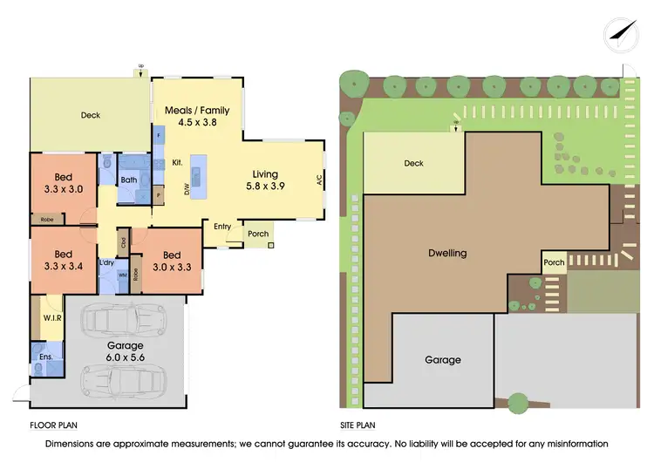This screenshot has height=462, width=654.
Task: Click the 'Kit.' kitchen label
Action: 175,162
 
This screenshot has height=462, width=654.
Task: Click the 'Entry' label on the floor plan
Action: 222,227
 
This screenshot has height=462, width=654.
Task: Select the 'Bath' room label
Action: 129,180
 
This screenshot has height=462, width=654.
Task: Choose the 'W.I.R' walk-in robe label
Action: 51,318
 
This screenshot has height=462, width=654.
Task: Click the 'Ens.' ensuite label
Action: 45,357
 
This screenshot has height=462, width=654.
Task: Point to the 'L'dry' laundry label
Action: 106,262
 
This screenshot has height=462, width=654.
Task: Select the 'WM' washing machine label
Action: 122,275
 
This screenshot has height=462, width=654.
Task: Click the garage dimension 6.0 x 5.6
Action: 126,357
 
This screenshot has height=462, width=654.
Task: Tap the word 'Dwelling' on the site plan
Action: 447,253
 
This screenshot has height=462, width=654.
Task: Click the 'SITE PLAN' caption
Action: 358,426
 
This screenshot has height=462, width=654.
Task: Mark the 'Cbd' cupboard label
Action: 124,242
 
